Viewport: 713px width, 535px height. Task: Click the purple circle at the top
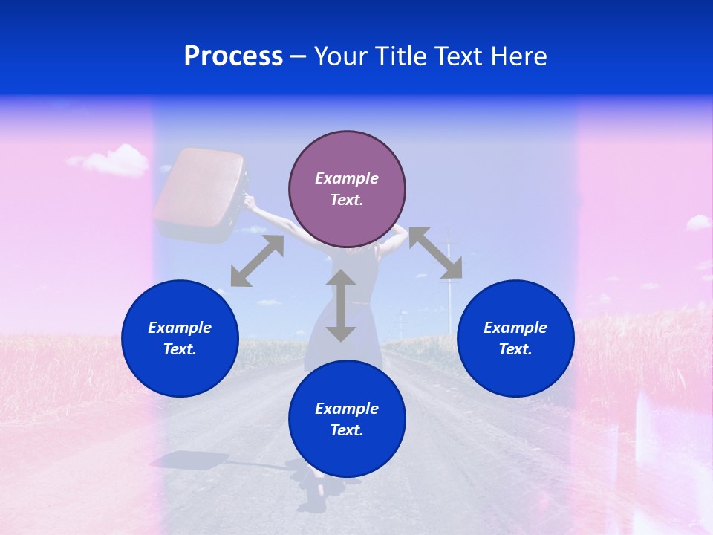(x=347, y=189)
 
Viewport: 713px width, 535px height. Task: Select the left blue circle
(x=180, y=338)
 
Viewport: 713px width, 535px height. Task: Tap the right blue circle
(x=515, y=338)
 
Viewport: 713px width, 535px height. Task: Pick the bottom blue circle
(x=347, y=419)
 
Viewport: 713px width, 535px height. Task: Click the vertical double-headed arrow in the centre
(x=341, y=305)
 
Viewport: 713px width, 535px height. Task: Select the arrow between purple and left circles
(x=257, y=261)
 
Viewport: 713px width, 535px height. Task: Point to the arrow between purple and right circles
(x=435, y=253)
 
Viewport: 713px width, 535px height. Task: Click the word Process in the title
(x=233, y=56)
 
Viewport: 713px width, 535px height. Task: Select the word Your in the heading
(x=339, y=56)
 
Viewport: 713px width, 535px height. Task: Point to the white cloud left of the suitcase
(x=110, y=160)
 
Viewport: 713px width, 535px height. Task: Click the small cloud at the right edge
(x=697, y=221)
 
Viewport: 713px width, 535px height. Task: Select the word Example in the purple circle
(x=347, y=178)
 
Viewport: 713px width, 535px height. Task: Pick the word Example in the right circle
(x=515, y=328)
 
